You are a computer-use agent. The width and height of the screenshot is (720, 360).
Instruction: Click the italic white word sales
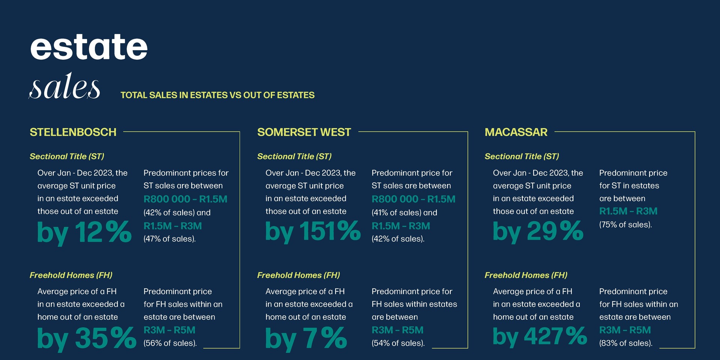click(x=65, y=87)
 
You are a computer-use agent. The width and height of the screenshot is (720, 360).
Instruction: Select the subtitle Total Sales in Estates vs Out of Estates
click(x=217, y=95)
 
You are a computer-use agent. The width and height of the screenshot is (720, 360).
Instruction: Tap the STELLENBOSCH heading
click(x=73, y=132)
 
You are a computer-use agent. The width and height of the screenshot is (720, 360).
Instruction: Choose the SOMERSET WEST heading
click(x=304, y=132)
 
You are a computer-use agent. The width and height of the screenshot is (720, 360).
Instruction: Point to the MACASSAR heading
click(x=516, y=132)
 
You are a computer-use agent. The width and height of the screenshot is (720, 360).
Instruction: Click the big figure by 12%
click(x=84, y=232)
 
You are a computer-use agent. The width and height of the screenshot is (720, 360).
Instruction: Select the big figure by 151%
click(x=313, y=232)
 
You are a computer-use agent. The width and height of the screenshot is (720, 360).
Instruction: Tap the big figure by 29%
click(x=538, y=232)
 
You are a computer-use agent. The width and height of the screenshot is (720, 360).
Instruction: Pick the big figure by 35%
click(x=87, y=339)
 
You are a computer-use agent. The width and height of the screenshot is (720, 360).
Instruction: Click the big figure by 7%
click(x=306, y=339)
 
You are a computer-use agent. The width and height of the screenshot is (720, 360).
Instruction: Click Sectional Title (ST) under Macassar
click(x=522, y=156)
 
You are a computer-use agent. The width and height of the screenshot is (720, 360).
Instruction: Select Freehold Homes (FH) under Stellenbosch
click(x=71, y=275)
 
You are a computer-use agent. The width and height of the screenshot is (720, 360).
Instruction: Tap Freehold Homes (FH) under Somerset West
click(x=298, y=275)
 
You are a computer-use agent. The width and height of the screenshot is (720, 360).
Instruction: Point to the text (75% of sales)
click(x=625, y=225)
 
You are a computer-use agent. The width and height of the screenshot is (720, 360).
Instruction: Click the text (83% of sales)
click(x=626, y=343)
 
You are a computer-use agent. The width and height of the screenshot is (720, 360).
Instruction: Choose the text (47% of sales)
click(x=169, y=239)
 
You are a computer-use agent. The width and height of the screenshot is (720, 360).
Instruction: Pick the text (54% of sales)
click(x=398, y=343)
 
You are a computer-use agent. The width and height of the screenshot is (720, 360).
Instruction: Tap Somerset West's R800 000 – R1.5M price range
click(x=413, y=199)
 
